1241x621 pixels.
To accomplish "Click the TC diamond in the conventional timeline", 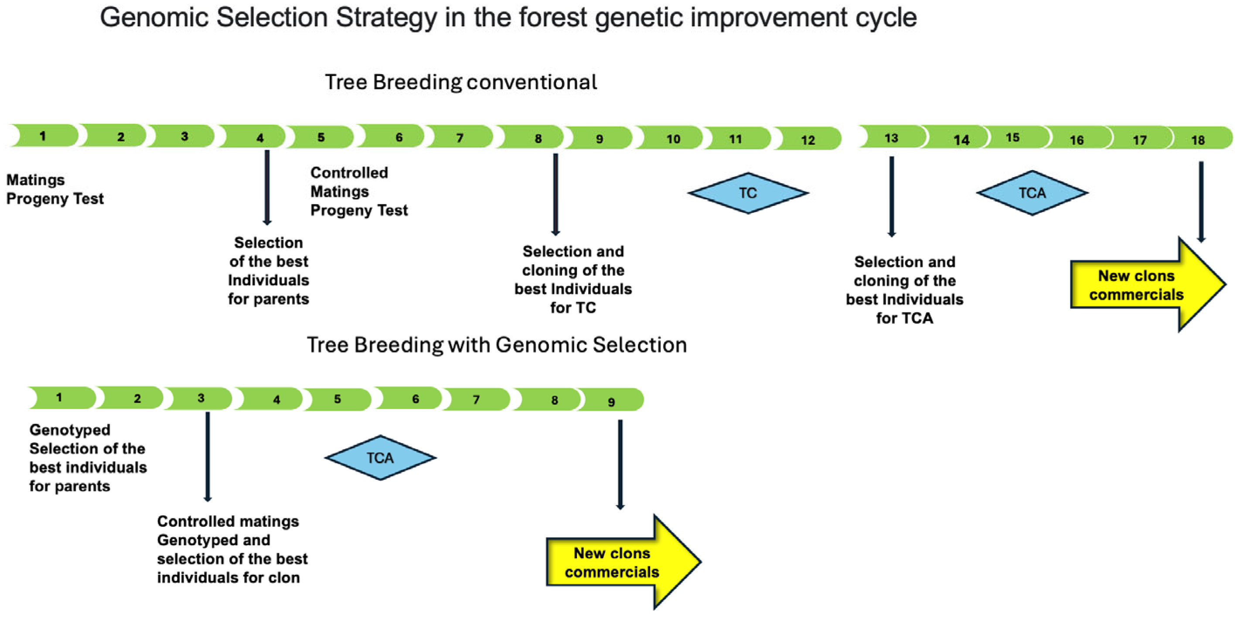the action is pos(748,193).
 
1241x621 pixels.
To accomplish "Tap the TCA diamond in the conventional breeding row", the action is pos(1032,193).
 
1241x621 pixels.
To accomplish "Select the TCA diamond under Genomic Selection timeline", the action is pos(380,457).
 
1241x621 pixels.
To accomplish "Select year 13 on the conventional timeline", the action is pos(891,138).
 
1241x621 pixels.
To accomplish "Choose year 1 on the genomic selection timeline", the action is pos(61,398).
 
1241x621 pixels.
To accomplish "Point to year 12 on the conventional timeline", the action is pos(808,139).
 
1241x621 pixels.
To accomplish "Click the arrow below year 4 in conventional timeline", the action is pos(267,188).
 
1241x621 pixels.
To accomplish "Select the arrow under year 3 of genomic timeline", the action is pos(208,456).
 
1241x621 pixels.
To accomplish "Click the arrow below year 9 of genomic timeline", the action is pos(620,464).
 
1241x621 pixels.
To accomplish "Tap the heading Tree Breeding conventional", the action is pos(461,82).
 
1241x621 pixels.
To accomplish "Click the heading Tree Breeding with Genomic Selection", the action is pos(497,345).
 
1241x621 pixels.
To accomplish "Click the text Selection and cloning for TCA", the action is pos(905,290).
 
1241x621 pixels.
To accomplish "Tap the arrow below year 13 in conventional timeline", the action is pos(891,197).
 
